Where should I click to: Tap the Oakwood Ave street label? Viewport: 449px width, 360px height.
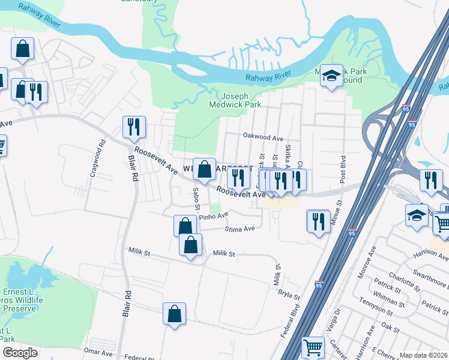[x=262, y=138]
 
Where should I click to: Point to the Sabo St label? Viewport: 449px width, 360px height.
[x=196, y=197]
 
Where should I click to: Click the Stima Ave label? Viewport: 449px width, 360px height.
[x=240, y=229]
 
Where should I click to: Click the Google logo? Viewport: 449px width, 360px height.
[x=20, y=353]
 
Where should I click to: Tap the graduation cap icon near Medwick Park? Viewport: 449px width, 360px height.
[x=331, y=76]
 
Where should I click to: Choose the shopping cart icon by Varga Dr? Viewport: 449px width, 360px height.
[x=313, y=347]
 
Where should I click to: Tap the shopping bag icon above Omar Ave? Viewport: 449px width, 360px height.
[x=174, y=314]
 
